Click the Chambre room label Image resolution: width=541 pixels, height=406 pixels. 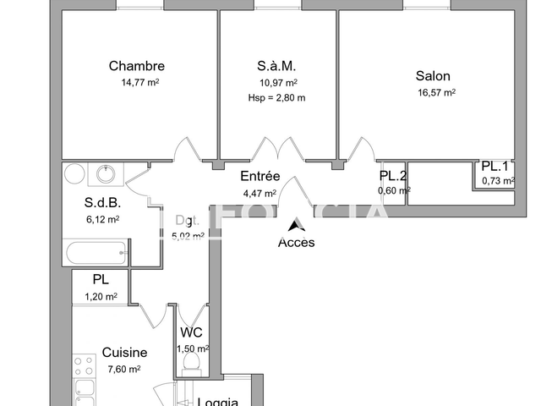pyautogui.click(x=136, y=66)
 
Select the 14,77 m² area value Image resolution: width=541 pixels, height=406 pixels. pyautogui.click(x=140, y=83)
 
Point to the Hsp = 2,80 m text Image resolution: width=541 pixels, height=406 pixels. pyautogui.click(x=276, y=97)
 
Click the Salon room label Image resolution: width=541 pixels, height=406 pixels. pyautogui.click(x=432, y=75)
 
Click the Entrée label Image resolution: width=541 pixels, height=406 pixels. pyautogui.click(x=260, y=176)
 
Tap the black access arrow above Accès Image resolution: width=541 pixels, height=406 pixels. pyautogui.click(x=295, y=226)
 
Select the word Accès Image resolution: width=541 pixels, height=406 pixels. pyautogui.click(x=296, y=243)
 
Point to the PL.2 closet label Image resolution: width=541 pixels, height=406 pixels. pyautogui.click(x=393, y=176)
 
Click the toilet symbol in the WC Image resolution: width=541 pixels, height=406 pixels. pyautogui.click(x=191, y=362)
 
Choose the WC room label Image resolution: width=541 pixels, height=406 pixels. pyautogui.click(x=192, y=333)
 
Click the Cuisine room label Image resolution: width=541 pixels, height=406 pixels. pyautogui.click(x=124, y=353)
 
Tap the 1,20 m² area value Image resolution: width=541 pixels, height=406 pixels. pyautogui.click(x=101, y=296)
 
